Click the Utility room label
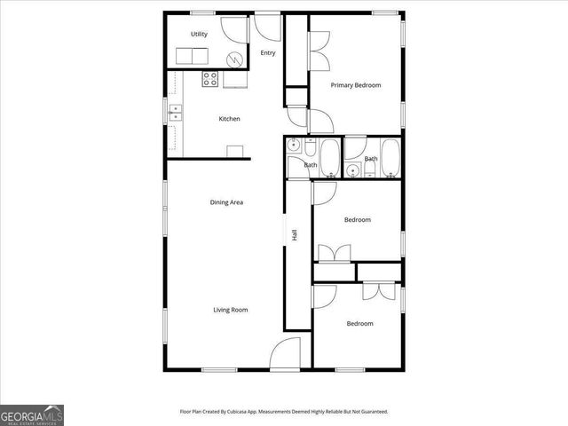[199, 35]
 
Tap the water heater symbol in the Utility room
[235, 59]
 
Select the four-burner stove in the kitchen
[210, 80]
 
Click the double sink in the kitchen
[176, 112]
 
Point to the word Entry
[268, 53]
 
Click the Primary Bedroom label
[355, 85]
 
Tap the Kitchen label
[230, 119]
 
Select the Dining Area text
[226, 202]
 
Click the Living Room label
[230, 310]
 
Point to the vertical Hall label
[294, 234]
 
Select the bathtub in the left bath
[329, 157]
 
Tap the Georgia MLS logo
[32, 414]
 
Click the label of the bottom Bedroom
[359, 324]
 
